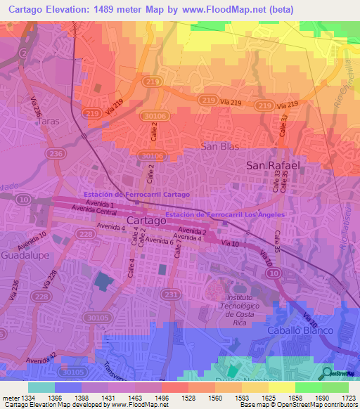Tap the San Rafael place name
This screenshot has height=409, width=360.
coord(273,165)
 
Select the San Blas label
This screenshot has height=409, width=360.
coord(220,146)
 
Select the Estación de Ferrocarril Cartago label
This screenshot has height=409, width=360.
coord(136,194)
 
